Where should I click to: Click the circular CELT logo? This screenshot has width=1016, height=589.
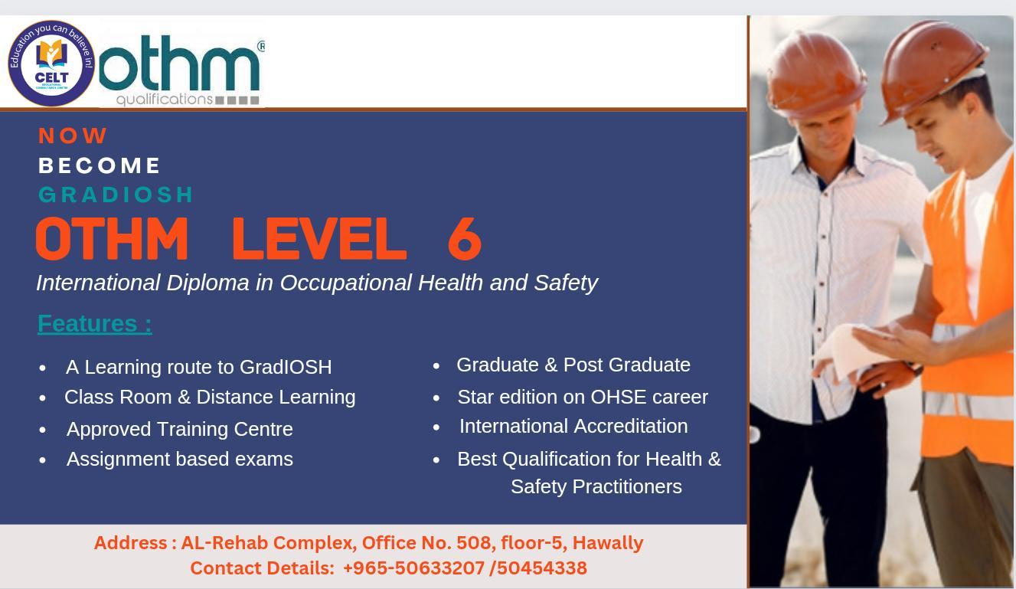(x=51, y=64)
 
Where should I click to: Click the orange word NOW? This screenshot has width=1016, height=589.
(x=73, y=136)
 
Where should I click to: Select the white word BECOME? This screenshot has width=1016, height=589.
(x=100, y=165)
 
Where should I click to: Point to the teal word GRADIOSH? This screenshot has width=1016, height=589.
(x=116, y=195)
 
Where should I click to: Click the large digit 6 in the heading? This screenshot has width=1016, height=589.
(x=464, y=238)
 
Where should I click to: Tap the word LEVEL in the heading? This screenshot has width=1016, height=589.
(x=318, y=238)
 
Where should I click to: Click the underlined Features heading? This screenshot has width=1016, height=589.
(x=94, y=323)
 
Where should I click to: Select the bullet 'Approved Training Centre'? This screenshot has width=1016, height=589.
(x=179, y=429)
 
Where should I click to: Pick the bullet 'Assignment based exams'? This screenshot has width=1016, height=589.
(x=179, y=459)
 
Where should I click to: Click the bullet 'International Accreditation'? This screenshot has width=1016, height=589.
(x=573, y=426)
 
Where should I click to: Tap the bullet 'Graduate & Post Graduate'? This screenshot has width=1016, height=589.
(x=573, y=365)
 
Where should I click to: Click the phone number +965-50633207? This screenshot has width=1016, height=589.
(x=413, y=568)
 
